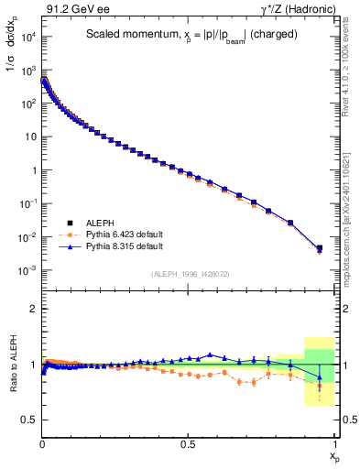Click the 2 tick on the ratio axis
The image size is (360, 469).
point(31,309)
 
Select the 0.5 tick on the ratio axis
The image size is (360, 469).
point(27,420)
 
